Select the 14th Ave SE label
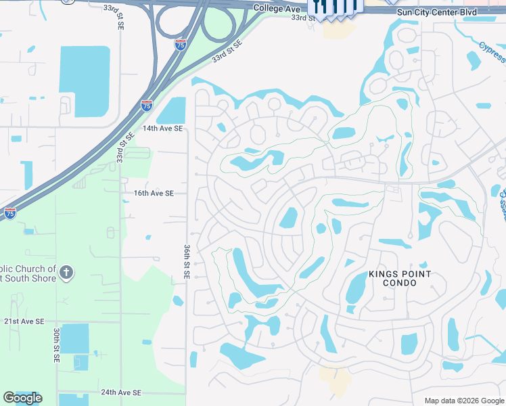point(162,128)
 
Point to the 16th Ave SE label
point(154,193)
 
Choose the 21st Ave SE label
point(24,321)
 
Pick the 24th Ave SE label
point(121,392)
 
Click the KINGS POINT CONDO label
point(399,278)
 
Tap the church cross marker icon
point(66,273)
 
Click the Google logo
point(22,398)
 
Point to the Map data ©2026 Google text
point(463,401)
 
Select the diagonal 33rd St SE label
point(227,51)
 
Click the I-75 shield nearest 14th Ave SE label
point(147,105)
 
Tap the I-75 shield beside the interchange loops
point(180,45)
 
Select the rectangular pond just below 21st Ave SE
point(74,338)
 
